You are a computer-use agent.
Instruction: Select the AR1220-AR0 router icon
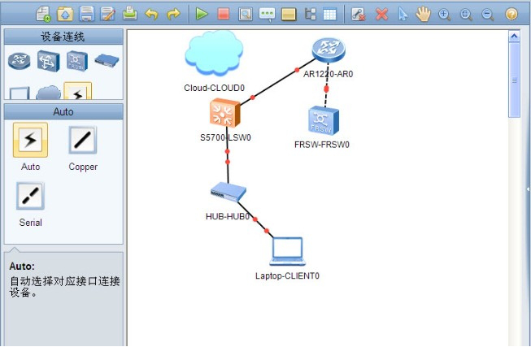(328, 50)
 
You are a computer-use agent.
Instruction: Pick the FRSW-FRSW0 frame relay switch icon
(322, 120)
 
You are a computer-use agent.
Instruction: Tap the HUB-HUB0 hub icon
(228, 192)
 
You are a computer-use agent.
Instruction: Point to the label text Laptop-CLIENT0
(286, 275)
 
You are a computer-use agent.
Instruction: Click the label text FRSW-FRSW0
(322, 145)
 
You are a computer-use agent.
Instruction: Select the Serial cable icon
(30, 196)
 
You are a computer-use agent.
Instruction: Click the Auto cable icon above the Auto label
(30, 141)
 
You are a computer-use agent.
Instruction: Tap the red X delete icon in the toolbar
(381, 14)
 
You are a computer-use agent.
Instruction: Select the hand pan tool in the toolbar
(423, 14)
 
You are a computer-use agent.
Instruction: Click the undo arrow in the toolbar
(151, 14)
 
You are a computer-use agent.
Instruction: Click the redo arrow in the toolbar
(172, 14)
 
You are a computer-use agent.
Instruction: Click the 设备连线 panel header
(63, 37)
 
